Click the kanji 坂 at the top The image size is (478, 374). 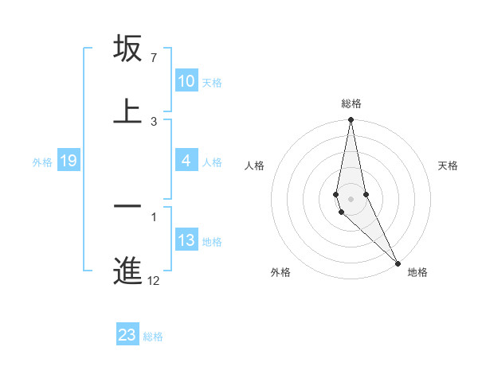[127, 49]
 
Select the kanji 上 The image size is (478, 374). [127, 111]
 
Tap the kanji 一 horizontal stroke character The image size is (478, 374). [127, 206]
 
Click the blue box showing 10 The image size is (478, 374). [186, 81]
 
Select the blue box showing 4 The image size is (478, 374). [186, 161]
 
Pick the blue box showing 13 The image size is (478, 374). [186, 240]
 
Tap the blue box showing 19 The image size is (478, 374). [69, 162]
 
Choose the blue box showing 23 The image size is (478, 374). [127, 335]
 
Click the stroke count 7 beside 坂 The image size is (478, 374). [154, 58]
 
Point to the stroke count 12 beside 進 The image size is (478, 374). [154, 280]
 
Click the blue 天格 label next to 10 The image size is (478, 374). [212, 82]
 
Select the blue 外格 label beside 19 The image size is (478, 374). [42, 162]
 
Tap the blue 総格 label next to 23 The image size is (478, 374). [153, 336]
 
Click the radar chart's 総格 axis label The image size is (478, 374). [351, 103]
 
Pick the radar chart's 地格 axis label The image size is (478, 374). [417, 272]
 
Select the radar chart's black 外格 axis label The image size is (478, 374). [280, 272]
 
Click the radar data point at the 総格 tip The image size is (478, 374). [351, 120]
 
